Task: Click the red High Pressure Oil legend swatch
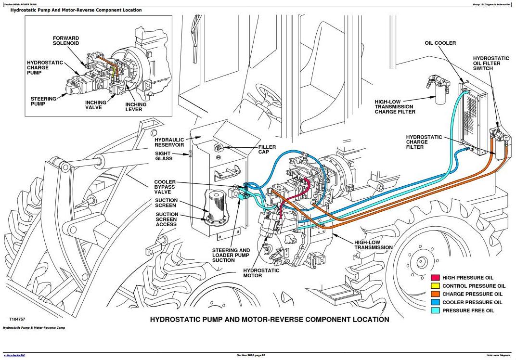tap(435, 278)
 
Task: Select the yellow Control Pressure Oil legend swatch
tap(435, 286)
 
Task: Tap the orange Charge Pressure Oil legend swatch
tap(435, 294)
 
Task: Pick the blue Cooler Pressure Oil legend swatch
tap(435, 302)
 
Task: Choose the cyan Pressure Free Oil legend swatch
tap(435, 310)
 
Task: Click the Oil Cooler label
tap(440, 43)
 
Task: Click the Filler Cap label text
tap(267, 149)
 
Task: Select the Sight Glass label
tap(164, 156)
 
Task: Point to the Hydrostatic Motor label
tap(261, 273)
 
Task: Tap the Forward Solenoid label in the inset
tap(66, 41)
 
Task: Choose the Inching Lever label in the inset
tap(136, 107)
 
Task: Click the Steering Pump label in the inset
tap(43, 101)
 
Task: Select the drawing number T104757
tap(17, 319)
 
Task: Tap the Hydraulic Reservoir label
tap(169, 142)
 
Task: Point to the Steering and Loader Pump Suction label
tap(231, 255)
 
